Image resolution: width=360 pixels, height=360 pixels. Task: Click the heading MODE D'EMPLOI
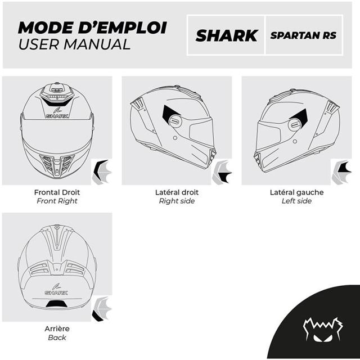click(x=92, y=27)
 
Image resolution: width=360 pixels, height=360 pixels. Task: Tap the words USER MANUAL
click(x=74, y=44)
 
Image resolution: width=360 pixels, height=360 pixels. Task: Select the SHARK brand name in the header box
click(x=226, y=35)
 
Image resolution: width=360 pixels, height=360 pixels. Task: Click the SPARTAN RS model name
click(x=303, y=35)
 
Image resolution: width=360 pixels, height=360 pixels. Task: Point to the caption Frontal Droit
click(x=57, y=192)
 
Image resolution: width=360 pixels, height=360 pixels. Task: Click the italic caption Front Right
click(x=57, y=201)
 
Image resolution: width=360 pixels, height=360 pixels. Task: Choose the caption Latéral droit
click(x=177, y=192)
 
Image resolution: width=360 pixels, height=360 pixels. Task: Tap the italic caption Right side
click(x=177, y=201)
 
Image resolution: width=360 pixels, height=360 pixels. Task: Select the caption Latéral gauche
click(x=296, y=192)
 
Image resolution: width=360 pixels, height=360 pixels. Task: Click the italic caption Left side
click(x=296, y=201)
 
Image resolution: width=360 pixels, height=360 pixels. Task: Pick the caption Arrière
click(x=57, y=328)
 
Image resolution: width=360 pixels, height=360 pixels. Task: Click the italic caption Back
click(x=57, y=337)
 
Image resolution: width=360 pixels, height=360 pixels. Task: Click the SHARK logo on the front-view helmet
click(x=57, y=116)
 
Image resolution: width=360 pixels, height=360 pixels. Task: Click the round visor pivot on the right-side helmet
click(x=174, y=120)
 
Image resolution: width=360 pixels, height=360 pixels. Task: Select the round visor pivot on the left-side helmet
click(x=294, y=124)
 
